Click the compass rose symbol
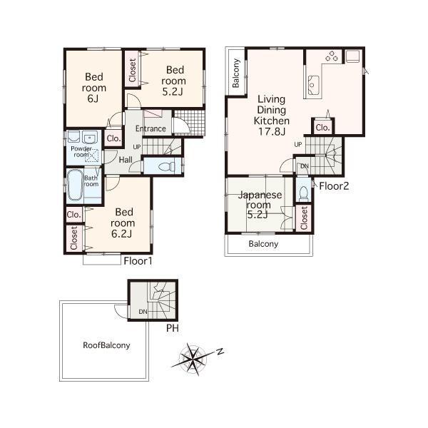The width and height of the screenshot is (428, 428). click(193, 358)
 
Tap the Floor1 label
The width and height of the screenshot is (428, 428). click(138, 261)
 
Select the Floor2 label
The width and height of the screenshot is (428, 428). click(333, 187)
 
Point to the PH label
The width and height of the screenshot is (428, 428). click(171, 328)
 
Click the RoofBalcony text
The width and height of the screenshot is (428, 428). click(106, 345)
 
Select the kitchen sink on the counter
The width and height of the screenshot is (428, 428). click(315, 86)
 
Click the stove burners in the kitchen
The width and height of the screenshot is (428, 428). click(332, 56)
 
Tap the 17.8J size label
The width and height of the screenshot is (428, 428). click(272, 131)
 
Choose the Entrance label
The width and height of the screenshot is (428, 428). click(151, 129)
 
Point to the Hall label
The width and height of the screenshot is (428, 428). click(126, 160)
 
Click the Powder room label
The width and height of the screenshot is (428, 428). click(80, 151)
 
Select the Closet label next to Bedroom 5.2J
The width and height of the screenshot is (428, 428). click(133, 69)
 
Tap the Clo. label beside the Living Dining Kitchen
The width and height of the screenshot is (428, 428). click(322, 128)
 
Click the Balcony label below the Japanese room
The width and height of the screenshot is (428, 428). click(263, 244)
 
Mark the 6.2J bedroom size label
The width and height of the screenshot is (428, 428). click(124, 233)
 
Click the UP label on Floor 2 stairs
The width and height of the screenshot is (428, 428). click(297, 145)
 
